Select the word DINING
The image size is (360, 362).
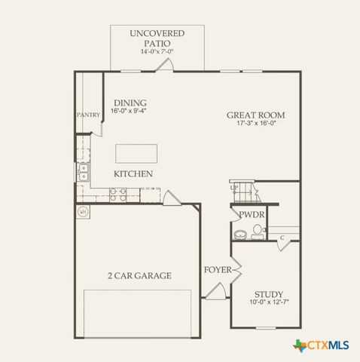[x=130, y=103]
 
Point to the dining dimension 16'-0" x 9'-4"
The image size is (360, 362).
[x=130, y=111]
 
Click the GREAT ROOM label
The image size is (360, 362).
[x=256, y=115]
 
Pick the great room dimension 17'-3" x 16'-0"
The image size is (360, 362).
[x=256, y=124]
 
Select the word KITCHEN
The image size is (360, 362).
[x=133, y=174]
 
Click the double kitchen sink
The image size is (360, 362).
[x=82, y=173]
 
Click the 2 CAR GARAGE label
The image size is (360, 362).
[x=139, y=275]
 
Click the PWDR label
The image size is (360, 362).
[x=252, y=215]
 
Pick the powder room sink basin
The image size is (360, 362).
[x=239, y=235]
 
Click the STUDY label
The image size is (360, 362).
[x=268, y=294]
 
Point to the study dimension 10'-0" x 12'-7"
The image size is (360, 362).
[x=268, y=302]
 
